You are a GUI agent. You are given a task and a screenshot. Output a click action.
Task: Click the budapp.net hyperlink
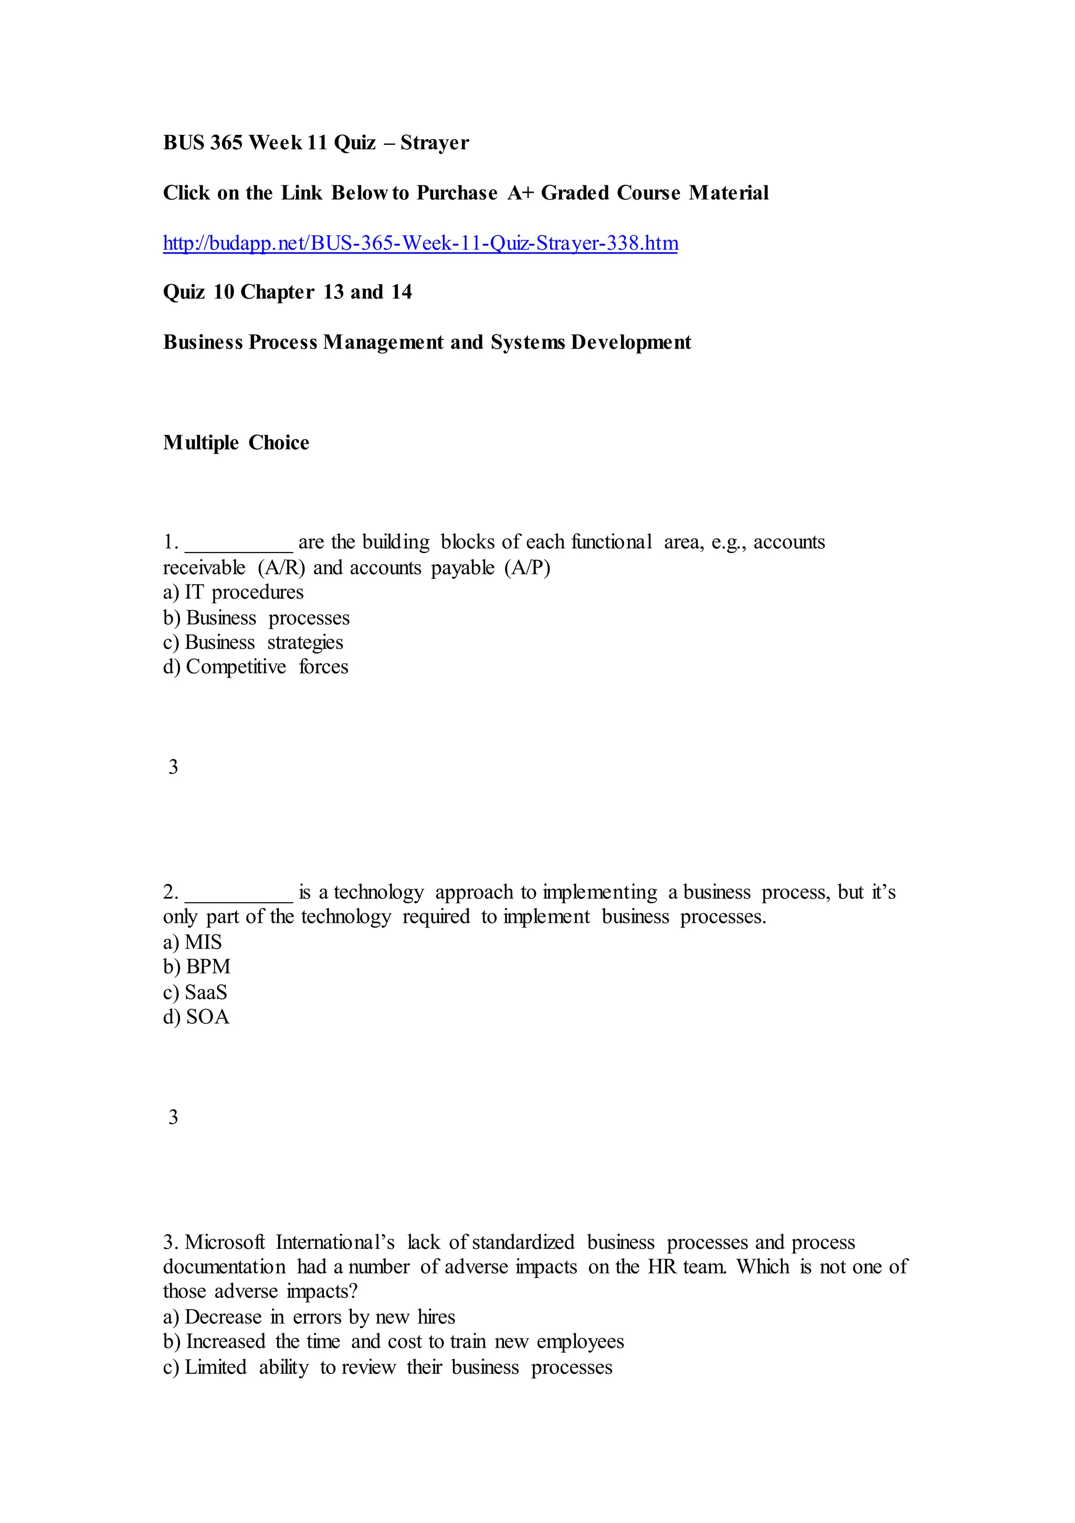(x=420, y=244)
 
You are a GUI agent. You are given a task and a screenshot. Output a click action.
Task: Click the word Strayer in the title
(x=435, y=143)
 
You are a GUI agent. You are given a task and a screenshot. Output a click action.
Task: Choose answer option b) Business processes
(x=256, y=618)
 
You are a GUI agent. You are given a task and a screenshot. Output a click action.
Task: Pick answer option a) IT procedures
(x=234, y=592)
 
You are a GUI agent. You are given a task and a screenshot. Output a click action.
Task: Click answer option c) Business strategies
(x=252, y=642)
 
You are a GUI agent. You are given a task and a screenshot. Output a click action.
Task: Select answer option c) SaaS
(x=195, y=993)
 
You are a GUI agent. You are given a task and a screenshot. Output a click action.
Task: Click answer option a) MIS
(x=192, y=942)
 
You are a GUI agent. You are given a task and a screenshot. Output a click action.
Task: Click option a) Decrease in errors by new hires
(x=309, y=1317)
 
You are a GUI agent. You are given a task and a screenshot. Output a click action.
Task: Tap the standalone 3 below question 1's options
(x=173, y=767)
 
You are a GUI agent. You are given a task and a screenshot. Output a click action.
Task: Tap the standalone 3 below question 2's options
(x=173, y=1117)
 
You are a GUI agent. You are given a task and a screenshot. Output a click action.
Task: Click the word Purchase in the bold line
(x=457, y=193)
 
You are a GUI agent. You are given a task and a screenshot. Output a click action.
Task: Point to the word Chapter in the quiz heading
(x=277, y=292)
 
